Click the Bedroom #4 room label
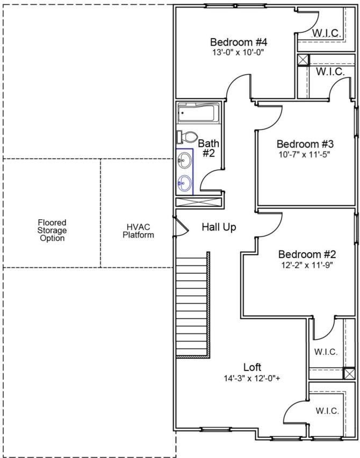239,42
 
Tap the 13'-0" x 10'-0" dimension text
239,53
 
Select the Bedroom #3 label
305,144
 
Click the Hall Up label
219,227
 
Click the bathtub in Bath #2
197,113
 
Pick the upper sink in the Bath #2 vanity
184,159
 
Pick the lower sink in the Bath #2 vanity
184,183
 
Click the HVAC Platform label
138,231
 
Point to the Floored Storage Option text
52,230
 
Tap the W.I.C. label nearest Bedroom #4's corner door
327,33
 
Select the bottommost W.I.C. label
327,411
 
